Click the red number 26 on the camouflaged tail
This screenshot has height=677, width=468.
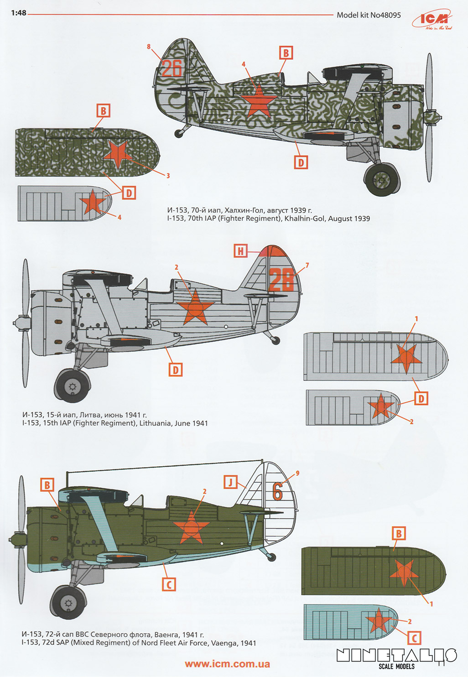(172, 68)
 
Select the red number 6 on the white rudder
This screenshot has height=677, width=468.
(277, 491)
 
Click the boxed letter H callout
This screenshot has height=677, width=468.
(241, 250)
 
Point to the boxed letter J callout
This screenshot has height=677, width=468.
(231, 482)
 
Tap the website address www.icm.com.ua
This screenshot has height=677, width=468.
(227, 664)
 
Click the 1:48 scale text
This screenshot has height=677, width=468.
(18, 13)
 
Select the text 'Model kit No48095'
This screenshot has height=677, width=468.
(369, 15)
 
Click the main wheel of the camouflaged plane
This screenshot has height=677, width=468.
(382, 180)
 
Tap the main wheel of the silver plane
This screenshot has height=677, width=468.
(72, 386)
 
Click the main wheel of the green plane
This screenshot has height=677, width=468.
(68, 603)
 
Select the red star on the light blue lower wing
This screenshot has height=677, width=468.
(378, 621)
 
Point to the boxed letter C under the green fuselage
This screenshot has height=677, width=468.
(169, 584)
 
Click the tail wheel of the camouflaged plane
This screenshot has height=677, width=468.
(178, 133)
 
